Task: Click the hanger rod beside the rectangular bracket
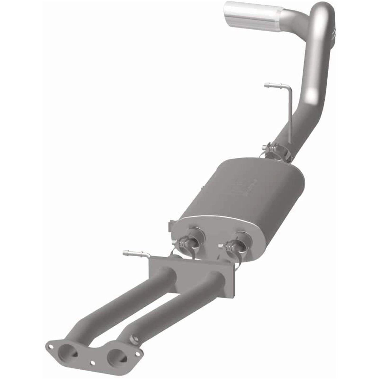(x=136, y=254)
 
